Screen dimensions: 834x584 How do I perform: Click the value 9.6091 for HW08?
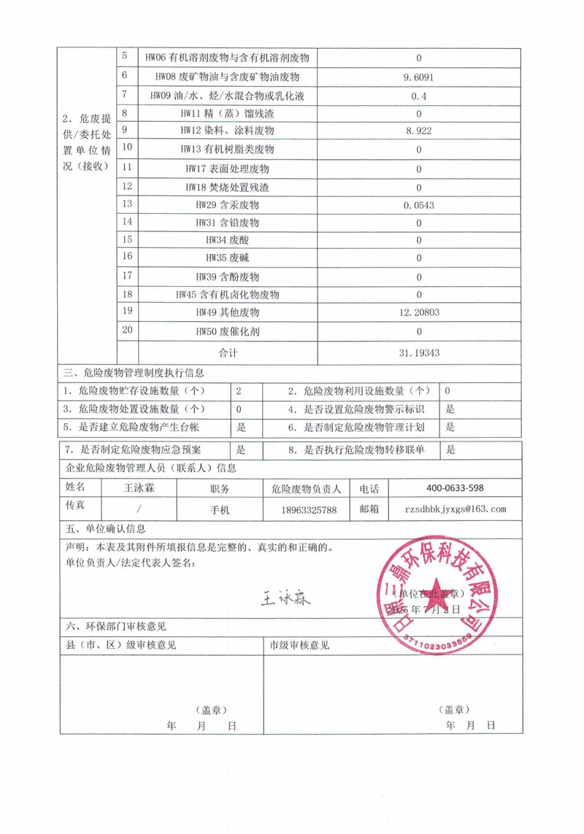click(x=418, y=76)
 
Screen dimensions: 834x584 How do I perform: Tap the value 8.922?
click(x=418, y=131)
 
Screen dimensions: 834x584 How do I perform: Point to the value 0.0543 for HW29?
click(x=418, y=204)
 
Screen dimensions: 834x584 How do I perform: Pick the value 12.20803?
click(x=418, y=313)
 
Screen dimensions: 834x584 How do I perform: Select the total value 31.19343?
click(x=418, y=352)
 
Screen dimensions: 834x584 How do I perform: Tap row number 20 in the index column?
click(x=128, y=330)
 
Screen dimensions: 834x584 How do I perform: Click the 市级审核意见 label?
click(x=300, y=645)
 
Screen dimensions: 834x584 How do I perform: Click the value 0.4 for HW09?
click(x=418, y=95)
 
